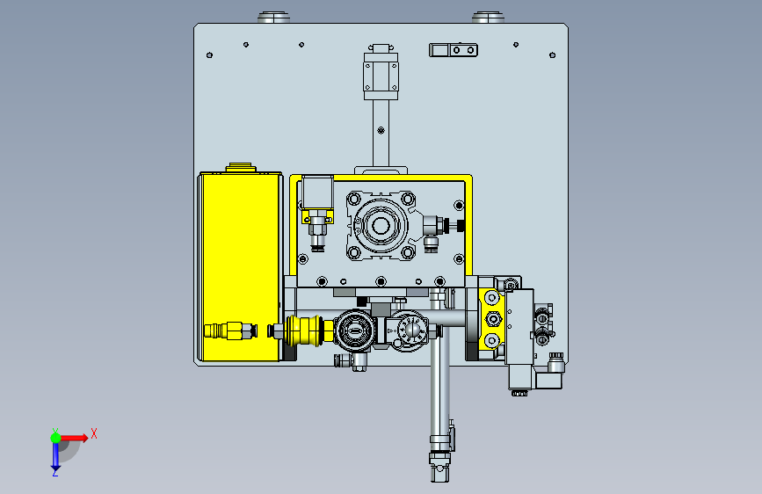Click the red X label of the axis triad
coord(94,433)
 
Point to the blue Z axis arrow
coord(55,456)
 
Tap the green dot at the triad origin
coord(56,438)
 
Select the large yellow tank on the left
coord(240,266)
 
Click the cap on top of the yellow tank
coord(241,167)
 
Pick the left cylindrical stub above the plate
coord(273,18)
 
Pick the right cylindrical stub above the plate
coord(488,18)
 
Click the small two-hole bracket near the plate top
coord(454,50)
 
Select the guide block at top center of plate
coord(381,72)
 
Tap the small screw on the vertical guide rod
coord(381,130)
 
